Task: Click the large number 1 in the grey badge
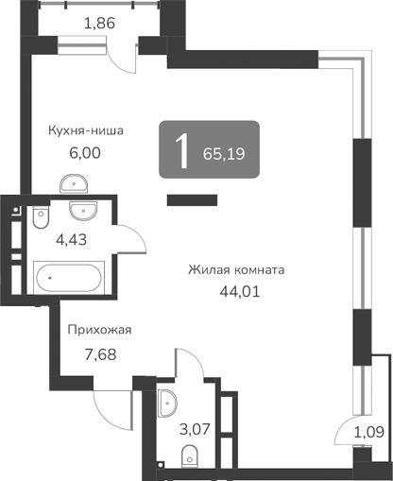[179, 149]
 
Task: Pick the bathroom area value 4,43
[71, 240]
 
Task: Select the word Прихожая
[98, 330]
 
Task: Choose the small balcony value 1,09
[369, 433]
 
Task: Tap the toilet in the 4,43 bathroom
[38, 219]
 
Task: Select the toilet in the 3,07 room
[190, 455]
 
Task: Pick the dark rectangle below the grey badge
[193, 199]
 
